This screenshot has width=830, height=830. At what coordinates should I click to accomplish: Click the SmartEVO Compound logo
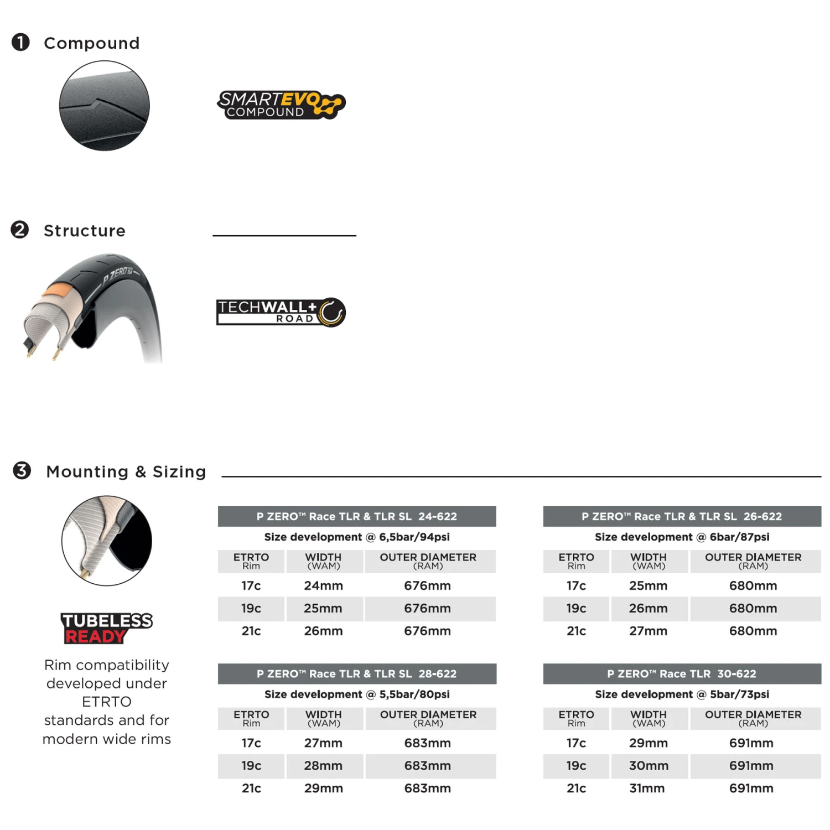coord(281,105)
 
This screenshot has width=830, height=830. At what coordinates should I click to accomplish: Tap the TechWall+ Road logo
coord(281,312)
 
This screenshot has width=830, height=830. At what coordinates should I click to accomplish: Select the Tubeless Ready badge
coord(106,628)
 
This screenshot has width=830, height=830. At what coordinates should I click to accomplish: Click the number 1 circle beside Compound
coord(21,42)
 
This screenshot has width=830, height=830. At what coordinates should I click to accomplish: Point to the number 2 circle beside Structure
coord(20,230)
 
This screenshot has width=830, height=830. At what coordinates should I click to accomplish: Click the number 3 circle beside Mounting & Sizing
coord(22,470)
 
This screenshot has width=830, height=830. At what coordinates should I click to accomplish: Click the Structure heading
coord(85,231)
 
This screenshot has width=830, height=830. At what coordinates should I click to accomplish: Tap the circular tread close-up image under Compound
coord(105,106)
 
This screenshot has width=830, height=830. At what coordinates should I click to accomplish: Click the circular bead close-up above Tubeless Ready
coord(107,541)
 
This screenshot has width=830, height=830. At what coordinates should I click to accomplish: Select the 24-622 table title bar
coord(357,516)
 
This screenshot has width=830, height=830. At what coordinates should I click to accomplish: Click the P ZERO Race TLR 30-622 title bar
coord(682,673)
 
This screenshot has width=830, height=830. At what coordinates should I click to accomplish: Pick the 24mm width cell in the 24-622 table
coord(324,585)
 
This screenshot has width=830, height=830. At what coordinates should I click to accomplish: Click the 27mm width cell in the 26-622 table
coord(648,631)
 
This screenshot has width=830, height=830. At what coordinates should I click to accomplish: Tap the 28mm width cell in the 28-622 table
coord(323,766)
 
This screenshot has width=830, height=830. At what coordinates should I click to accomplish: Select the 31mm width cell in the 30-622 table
coord(647,788)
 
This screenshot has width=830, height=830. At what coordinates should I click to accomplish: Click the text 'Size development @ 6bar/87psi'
coord(682,537)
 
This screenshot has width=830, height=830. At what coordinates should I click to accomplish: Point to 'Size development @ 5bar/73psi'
coord(682,694)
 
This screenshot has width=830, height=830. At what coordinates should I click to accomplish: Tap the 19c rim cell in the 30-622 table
coord(576,766)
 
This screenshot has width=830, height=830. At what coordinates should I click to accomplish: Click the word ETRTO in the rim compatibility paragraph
coord(107,702)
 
